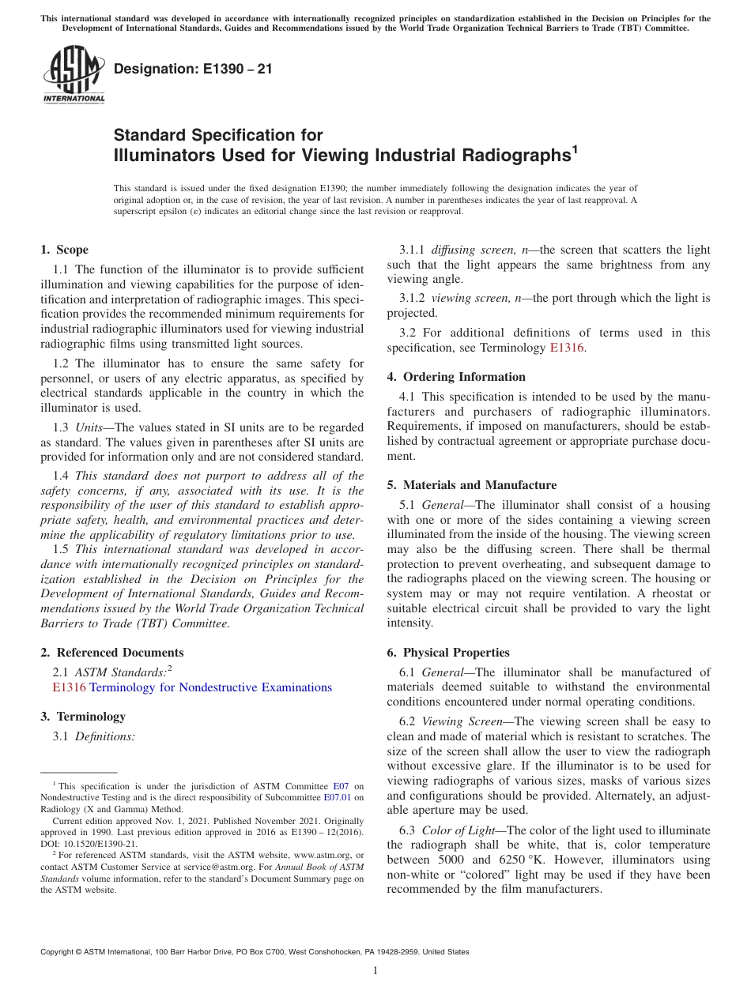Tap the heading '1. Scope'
65,250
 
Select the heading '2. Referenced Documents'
112,653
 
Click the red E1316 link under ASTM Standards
69,687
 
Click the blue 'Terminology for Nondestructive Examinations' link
210,687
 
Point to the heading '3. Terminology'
83,717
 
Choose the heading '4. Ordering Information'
456,377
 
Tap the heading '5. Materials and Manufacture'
472,485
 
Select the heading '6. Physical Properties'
448,653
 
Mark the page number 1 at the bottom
375,971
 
